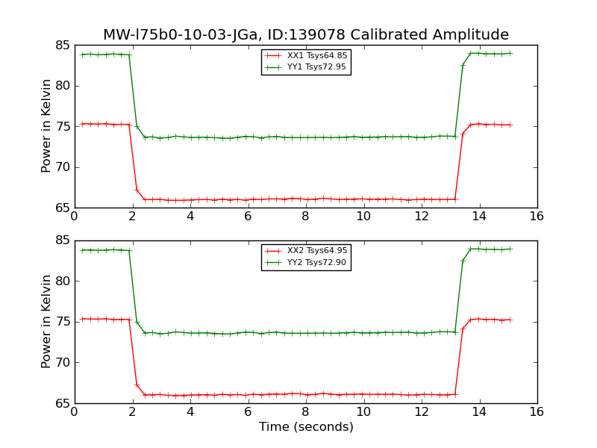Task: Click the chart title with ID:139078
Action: (x=306, y=35)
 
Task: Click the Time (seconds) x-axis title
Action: (x=306, y=427)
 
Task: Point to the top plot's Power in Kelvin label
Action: (x=47, y=126)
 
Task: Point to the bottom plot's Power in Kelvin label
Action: (x=47, y=322)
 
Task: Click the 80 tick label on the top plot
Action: (x=62, y=86)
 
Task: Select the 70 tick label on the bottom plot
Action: (x=62, y=363)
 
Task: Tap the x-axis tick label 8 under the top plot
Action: (x=305, y=217)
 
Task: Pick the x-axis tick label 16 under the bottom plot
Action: (x=537, y=412)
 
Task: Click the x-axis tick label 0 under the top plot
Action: (x=75, y=217)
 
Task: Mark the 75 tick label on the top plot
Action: (x=62, y=126)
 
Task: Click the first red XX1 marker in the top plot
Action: (x=82, y=124)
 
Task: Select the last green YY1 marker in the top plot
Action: (x=510, y=53)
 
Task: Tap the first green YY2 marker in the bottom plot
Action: (x=82, y=250)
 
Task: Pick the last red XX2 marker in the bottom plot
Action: (x=510, y=320)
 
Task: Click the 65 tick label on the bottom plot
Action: (x=62, y=403)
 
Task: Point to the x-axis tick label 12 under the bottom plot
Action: (x=421, y=412)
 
